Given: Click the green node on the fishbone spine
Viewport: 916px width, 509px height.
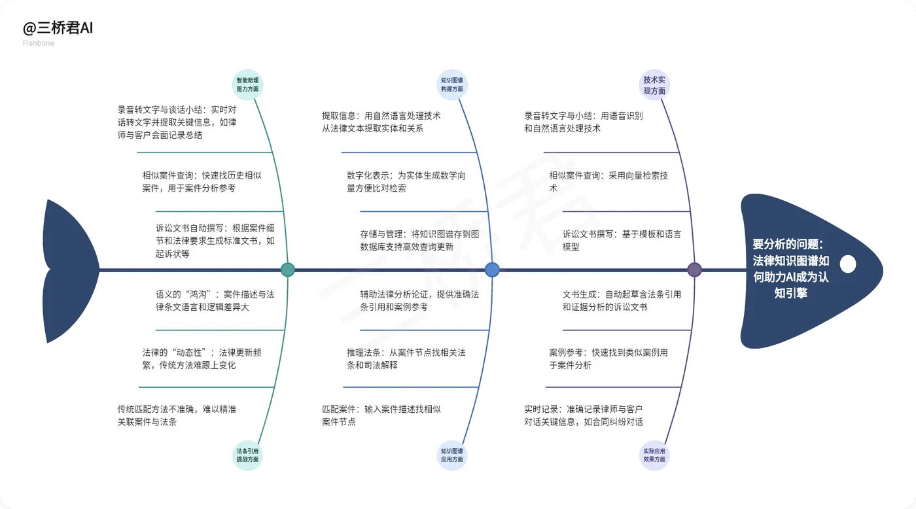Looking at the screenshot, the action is pyautogui.click(x=287, y=270).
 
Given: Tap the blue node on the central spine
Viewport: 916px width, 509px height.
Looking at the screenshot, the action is pyautogui.click(x=492, y=270).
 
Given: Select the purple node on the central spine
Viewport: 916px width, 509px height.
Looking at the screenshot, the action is pyautogui.click(x=695, y=270).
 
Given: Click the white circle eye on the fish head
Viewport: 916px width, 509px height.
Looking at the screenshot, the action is pyautogui.click(x=848, y=264).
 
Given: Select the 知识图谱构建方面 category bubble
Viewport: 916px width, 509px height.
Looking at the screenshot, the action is pyautogui.click(x=452, y=84).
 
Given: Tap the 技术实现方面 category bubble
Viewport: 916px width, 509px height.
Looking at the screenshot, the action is pyautogui.click(x=655, y=86).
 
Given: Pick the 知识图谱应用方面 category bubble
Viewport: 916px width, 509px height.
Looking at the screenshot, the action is pyautogui.click(x=452, y=455).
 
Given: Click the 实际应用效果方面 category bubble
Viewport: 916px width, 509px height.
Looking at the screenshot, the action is pyautogui.click(x=655, y=455).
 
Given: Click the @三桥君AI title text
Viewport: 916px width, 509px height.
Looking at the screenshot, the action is pyautogui.click(x=58, y=29).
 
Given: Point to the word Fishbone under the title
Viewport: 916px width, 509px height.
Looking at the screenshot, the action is pyautogui.click(x=39, y=43).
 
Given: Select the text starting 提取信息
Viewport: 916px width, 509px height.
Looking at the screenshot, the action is pyautogui.click(x=381, y=122).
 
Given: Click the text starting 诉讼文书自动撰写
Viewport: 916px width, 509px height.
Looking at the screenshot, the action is pyautogui.click(x=215, y=240).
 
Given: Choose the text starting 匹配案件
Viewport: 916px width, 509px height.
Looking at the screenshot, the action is pyautogui.click(x=381, y=415).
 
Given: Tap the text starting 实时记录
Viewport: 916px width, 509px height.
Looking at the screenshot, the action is pyautogui.click(x=584, y=415).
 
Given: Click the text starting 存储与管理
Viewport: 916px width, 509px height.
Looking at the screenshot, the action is pyautogui.click(x=419, y=240).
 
